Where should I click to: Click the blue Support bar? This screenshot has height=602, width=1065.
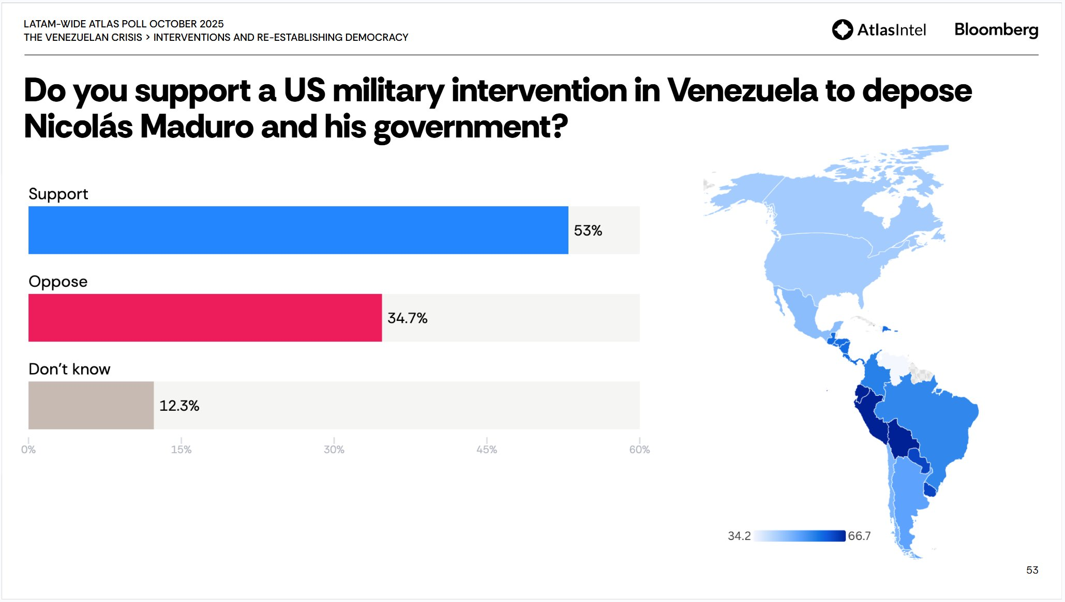click(298, 230)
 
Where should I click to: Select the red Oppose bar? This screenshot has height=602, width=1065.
click(205, 318)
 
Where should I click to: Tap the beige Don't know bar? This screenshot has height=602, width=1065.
click(91, 405)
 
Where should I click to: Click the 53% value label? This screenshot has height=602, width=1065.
click(588, 230)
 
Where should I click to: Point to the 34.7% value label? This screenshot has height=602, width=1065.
click(407, 318)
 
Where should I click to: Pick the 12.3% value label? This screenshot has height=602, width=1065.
click(179, 406)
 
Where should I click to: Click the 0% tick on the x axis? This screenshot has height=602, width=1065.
click(28, 450)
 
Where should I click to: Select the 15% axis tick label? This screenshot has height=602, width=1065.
click(181, 450)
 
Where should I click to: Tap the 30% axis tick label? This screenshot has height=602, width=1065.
click(334, 450)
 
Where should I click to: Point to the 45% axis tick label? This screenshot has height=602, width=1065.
click(486, 450)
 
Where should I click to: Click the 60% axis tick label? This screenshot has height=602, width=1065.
click(639, 450)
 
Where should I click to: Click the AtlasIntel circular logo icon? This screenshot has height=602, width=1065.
click(842, 29)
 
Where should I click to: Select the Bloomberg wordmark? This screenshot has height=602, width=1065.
click(996, 29)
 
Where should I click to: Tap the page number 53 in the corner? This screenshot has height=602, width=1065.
click(1032, 570)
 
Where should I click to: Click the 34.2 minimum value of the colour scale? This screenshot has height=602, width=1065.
click(739, 536)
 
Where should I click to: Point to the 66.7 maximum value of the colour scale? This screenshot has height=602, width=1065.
click(859, 536)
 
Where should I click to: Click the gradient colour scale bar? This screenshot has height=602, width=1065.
click(799, 536)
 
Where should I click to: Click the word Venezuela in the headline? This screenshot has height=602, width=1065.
click(742, 90)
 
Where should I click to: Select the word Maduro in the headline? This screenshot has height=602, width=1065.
click(197, 127)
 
